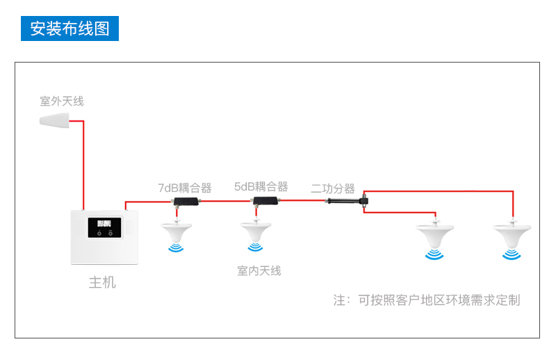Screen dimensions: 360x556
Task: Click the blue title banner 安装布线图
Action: point(69,28)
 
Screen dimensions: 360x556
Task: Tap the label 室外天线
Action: point(62,101)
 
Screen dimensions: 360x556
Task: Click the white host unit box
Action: point(106,237)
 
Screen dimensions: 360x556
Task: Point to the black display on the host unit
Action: point(105,228)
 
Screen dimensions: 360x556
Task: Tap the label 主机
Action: point(102,283)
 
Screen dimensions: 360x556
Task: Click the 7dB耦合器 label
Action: point(185,188)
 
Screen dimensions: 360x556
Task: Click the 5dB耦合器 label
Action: point(261,187)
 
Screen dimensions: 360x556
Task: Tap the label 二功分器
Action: point(333,188)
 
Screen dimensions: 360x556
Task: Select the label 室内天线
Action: point(259,270)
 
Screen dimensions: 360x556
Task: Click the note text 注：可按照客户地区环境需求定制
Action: point(426,300)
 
